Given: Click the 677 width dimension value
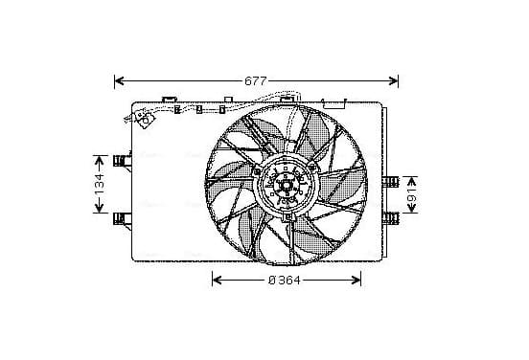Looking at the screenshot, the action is click(255, 81).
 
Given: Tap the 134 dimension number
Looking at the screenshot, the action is click(100, 184).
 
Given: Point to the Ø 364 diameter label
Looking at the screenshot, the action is click(284, 281).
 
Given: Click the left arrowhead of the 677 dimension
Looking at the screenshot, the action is click(120, 80).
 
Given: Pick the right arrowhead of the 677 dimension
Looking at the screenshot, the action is click(393, 80).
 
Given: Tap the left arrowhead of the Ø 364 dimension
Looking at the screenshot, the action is click(218, 281).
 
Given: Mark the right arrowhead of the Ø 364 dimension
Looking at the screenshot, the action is click(356, 281).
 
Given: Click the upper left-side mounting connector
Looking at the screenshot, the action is click(122, 161).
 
